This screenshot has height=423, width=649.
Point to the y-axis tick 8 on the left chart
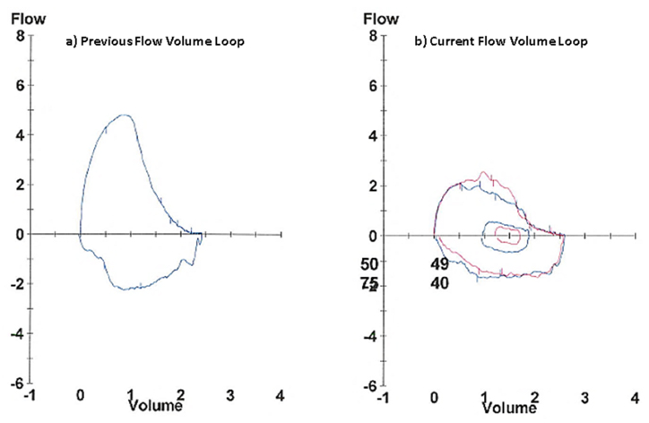(x=19, y=37)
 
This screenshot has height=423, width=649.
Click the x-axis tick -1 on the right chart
(x=383, y=396)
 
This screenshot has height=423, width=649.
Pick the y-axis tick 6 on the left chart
(x=19, y=86)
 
